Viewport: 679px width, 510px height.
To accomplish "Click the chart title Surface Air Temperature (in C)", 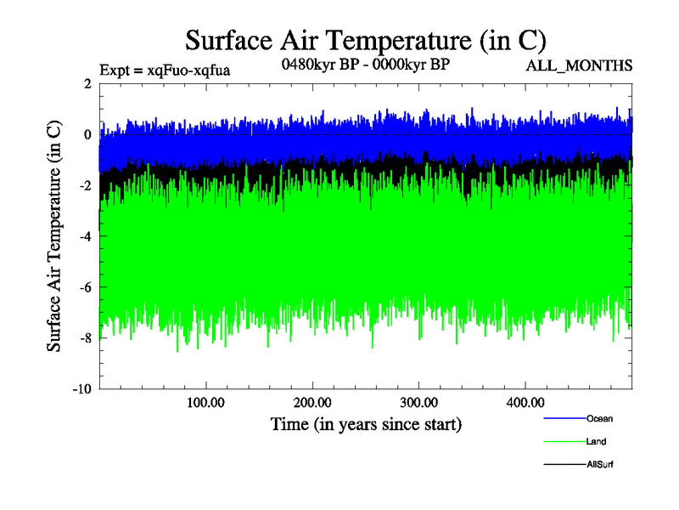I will [365, 40].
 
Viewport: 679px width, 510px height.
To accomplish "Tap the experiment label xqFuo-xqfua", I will [165, 69].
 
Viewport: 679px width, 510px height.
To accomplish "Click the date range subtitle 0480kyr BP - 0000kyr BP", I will [365, 64].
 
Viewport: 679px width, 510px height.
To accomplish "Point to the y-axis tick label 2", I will [87, 83].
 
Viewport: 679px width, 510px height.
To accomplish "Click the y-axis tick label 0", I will [87, 134].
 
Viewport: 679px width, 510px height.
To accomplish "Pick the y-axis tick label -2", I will [85, 185].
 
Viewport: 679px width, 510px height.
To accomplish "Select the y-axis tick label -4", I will [85, 236].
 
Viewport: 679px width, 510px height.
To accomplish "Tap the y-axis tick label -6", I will [85, 287].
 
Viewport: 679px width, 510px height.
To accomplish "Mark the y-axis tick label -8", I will [85, 338].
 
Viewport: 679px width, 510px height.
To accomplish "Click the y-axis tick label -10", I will [82, 389].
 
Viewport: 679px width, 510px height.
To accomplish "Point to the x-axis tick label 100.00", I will [205, 401].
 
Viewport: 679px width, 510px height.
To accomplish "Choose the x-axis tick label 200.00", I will [312, 401].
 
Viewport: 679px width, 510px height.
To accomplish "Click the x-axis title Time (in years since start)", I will [366, 422].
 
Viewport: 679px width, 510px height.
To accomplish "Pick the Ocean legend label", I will [598, 418].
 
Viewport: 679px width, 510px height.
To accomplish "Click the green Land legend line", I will [563, 442].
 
